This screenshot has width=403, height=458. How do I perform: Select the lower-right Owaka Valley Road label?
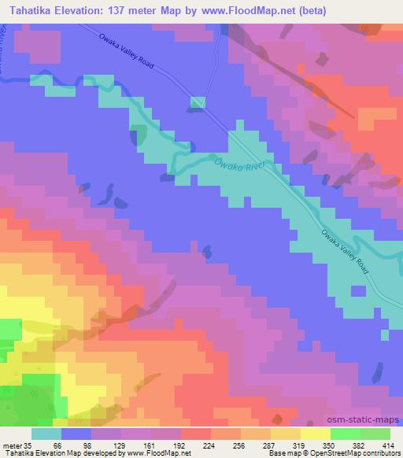click(x=346, y=251)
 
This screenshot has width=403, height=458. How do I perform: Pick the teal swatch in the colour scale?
click(x=46, y=434)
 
